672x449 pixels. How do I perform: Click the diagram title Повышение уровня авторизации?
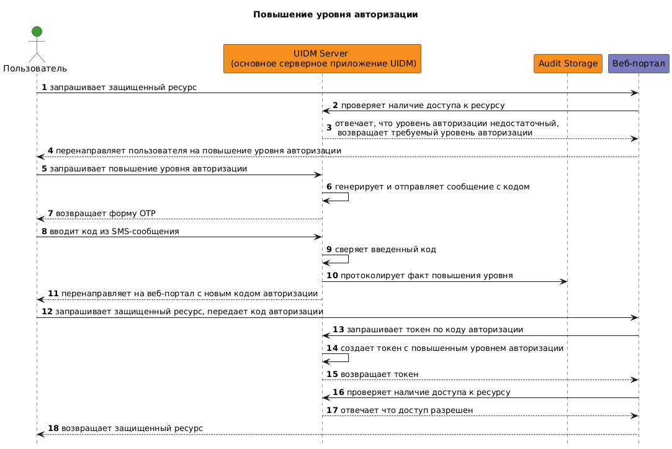click(335, 14)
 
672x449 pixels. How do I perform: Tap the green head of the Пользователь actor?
click(37, 32)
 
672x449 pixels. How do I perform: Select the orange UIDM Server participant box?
click(322, 58)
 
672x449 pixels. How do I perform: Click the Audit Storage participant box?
click(568, 63)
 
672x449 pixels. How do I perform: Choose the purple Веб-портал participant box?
click(638, 63)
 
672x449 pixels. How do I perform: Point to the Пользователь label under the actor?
click(35, 68)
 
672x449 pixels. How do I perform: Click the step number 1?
click(44, 88)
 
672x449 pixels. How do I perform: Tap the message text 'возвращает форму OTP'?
click(105, 214)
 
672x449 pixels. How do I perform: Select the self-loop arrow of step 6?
click(347, 197)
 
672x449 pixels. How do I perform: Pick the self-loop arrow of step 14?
click(347, 358)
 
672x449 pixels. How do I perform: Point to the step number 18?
click(53, 429)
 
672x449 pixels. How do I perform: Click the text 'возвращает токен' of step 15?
click(379, 374)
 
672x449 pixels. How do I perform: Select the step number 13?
click(338, 330)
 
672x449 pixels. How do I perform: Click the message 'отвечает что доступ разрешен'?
click(406, 410)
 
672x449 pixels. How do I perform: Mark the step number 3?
click(329, 128)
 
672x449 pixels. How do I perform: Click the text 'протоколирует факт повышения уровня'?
click(426, 276)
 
